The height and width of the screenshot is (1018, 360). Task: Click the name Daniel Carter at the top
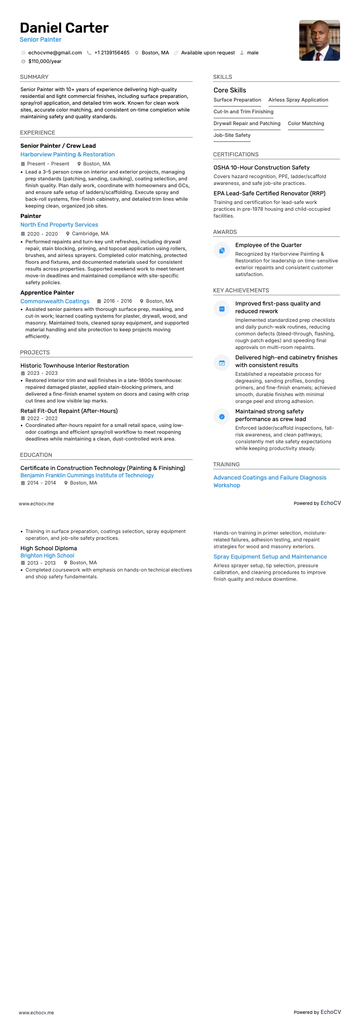tap(64, 28)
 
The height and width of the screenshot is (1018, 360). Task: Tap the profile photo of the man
tap(319, 40)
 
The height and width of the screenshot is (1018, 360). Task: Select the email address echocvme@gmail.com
tap(55, 53)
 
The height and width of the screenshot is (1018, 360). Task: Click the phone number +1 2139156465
tap(112, 53)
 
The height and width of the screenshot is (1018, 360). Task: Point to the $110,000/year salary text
tap(45, 61)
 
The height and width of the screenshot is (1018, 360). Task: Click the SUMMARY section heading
tap(34, 77)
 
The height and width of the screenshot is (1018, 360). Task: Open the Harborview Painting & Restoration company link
tap(68, 155)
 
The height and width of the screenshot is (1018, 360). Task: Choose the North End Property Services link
tap(59, 225)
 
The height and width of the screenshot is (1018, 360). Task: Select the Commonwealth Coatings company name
tap(55, 301)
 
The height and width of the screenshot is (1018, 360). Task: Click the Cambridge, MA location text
tap(90, 234)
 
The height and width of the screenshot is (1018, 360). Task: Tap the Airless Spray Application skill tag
tap(298, 100)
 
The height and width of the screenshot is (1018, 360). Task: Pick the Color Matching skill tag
tap(306, 124)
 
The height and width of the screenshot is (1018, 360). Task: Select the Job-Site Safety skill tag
tap(232, 136)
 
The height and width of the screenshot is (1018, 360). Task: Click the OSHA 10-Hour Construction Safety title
tap(261, 168)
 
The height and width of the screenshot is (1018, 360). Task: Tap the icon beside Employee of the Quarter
tap(222, 250)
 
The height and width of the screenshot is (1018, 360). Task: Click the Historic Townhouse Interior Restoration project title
tap(74, 366)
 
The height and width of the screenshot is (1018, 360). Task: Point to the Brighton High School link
tap(47, 556)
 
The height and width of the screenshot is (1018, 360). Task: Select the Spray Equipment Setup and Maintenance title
tap(270, 557)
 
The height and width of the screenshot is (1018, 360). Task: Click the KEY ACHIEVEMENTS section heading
tap(241, 291)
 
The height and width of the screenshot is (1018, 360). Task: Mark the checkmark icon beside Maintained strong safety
tap(222, 417)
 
